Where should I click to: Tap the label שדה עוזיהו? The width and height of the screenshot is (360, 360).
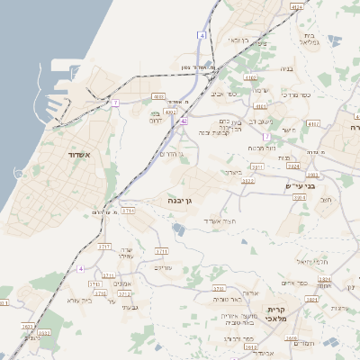click(126, 253)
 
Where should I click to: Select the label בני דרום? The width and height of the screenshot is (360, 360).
click(161, 116)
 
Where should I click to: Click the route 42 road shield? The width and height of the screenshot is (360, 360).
click(183, 120)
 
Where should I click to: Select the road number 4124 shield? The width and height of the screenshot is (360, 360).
click(296, 6)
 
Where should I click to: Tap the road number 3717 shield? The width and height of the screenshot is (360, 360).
click(104, 246)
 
